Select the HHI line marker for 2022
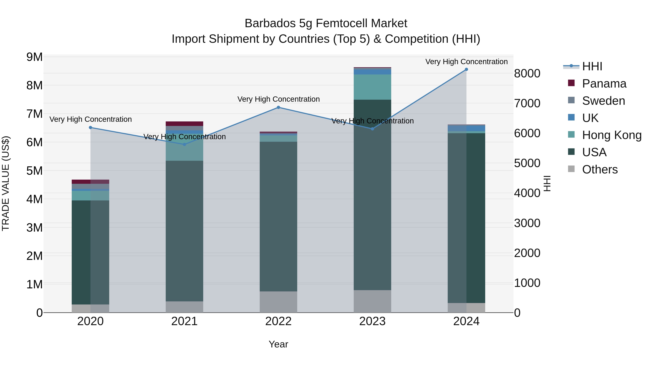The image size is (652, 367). [278, 107]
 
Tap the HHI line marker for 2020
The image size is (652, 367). [90, 128]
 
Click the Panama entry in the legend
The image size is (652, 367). [604, 84]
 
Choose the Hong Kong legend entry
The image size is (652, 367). [611, 135]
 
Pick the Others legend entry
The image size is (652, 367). [600, 169]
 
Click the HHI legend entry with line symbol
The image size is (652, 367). [592, 66]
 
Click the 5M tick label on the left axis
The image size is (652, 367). [35, 171]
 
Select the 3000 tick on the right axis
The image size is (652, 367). [527, 223]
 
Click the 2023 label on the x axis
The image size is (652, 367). [372, 321]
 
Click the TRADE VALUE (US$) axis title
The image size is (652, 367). [6, 183]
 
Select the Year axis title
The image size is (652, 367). [278, 344]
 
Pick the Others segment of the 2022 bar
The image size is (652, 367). [278, 302]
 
